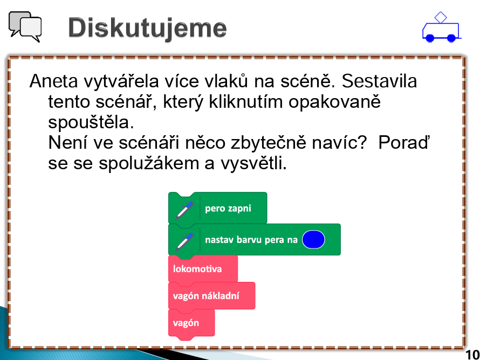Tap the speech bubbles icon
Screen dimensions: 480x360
[25, 26]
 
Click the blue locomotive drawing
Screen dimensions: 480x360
[441, 27]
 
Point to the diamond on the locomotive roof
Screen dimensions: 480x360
[441, 17]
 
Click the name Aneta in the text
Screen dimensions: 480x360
[53, 81]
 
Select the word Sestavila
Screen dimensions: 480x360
[379, 81]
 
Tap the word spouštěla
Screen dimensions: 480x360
[91, 123]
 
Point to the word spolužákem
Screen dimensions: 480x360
[148, 164]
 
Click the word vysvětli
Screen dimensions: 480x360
[254, 164]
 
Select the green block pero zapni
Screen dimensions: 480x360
[218, 208]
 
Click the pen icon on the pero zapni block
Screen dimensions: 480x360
[184, 210]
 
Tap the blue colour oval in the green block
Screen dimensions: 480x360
[313, 239]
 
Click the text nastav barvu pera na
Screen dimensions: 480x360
[251, 240]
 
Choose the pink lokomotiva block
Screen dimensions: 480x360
[203, 269]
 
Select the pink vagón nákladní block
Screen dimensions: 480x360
[211, 296]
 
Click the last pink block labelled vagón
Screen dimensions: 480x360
[191, 323]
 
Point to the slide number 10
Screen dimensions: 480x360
[472, 355]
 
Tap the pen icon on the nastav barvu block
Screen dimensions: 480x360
[184, 241]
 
